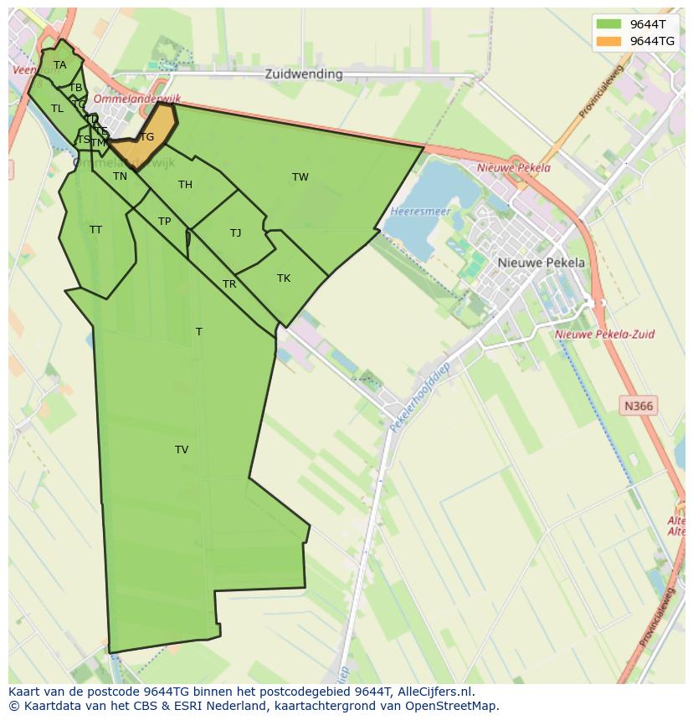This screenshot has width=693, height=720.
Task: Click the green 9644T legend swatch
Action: [x=608, y=24]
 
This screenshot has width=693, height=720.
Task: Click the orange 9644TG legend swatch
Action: [x=608, y=41]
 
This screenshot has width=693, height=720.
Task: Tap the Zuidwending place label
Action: [x=304, y=74]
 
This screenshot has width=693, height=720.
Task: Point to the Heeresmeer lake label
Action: [x=420, y=212]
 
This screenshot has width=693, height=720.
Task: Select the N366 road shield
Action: [x=639, y=406]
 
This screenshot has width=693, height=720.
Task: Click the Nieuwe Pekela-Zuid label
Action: [x=605, y=334]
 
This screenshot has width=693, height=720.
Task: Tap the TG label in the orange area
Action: [x=147, y=137]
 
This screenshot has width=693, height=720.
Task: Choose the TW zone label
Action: [x=300, y=176]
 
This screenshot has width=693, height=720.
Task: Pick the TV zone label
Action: [x=182, y=450]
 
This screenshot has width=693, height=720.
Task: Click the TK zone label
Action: [x=284, y=278]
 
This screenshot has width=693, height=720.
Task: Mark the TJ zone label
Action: [x=236, y=233]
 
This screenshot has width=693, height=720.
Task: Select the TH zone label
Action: [x=185, y=185]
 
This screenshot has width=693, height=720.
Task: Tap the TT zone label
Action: [x=95, y=229]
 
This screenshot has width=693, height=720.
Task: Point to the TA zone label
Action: [x=59, y=65]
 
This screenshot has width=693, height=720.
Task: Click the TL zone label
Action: [x=57, y=109]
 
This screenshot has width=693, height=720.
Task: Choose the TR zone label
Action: [x=229, y=284]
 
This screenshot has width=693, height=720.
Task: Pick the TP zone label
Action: [x=164, y=222]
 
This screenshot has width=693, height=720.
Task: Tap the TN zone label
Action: [x=121, y=176]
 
